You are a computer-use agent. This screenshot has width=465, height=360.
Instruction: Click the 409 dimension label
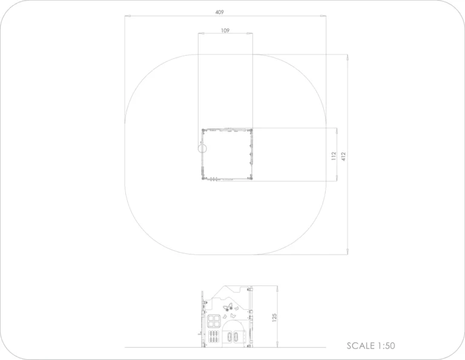pos(219,12)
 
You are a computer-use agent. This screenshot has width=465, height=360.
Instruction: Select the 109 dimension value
pos(225,30)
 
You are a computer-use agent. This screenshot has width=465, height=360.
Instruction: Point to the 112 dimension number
pos(334,156)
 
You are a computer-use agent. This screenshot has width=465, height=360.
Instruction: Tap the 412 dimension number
pos(343,156)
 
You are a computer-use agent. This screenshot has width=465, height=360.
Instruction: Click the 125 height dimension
pos(274,318)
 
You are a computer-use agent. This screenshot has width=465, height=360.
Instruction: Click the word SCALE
pos(361,345)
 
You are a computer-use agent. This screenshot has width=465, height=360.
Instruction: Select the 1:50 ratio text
pos(386,345)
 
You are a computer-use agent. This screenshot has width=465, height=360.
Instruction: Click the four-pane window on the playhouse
pos(214,321)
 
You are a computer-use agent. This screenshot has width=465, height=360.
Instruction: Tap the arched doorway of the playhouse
pos(233,332)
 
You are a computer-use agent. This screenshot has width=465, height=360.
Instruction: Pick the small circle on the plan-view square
pos(202,148)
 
